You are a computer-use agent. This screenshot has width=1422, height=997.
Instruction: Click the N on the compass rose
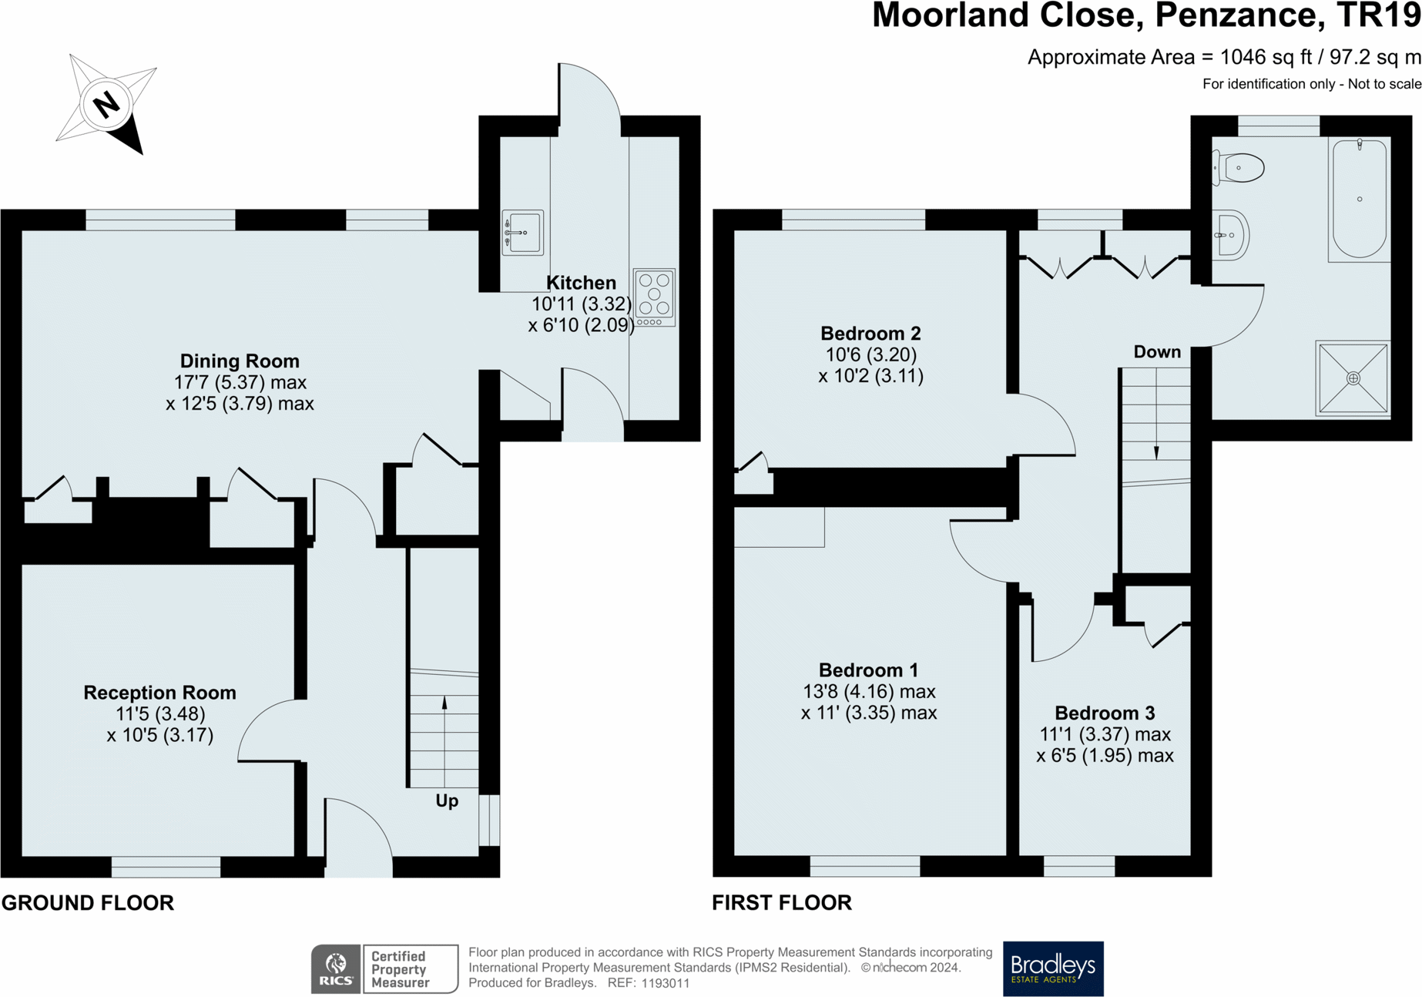106,103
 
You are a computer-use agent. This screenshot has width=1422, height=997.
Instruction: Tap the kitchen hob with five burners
654,297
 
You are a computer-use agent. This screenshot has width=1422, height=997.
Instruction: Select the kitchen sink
522,232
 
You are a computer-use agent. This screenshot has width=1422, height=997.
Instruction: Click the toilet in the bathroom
1240,168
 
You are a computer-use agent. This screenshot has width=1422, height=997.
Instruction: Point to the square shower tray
1353,378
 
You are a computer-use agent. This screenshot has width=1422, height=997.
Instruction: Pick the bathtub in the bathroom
1360,199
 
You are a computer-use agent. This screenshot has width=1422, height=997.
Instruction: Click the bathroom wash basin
1231,235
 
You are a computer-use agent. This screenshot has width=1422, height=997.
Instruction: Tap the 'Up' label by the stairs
447,801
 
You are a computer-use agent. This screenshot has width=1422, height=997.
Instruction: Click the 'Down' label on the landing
1156,352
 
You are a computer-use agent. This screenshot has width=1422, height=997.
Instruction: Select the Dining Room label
240,361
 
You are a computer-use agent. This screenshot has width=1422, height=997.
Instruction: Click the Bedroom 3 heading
1104,713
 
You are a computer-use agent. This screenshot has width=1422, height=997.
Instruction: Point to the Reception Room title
159,693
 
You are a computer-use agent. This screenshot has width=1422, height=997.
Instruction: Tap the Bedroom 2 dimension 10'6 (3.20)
870,354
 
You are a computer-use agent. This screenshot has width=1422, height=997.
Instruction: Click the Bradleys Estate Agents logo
1052,968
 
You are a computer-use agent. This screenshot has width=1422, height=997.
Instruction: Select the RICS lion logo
336,968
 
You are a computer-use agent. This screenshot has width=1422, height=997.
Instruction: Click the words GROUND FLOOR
88,902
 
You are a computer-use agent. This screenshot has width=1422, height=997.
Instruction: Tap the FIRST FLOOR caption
781,902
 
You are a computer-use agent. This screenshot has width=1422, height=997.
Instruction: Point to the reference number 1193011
660,983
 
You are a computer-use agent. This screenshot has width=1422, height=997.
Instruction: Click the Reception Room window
166,867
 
